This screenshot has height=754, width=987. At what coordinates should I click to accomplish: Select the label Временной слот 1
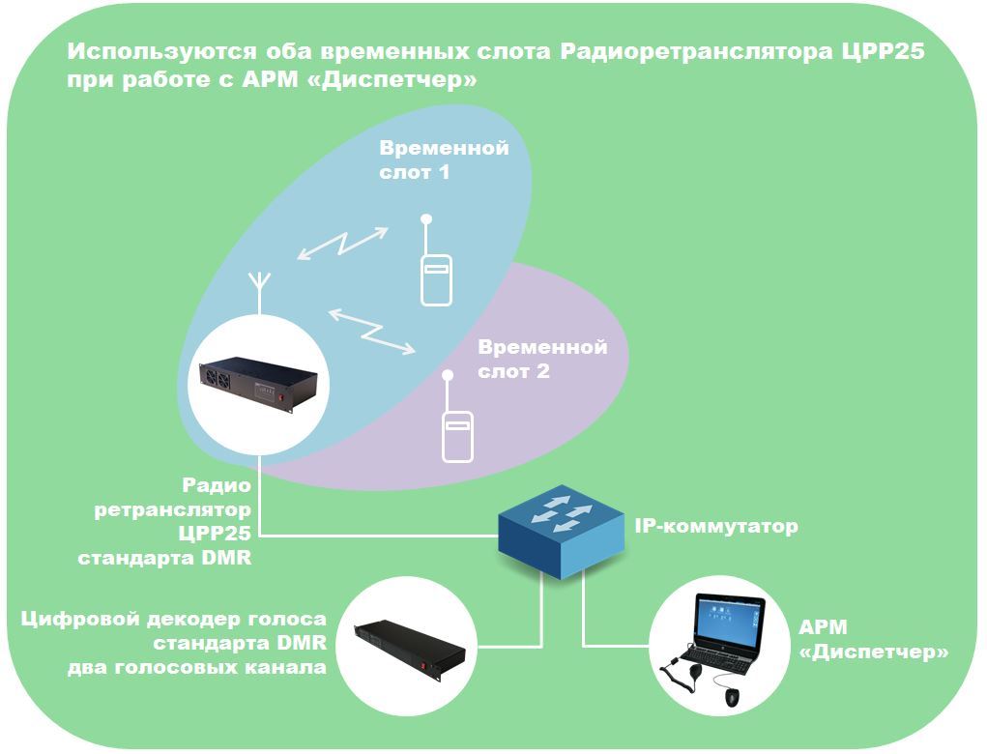point(444,159)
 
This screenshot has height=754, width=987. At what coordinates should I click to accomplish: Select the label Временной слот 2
point(542,359)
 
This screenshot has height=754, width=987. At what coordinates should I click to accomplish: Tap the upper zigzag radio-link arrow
point(342,243)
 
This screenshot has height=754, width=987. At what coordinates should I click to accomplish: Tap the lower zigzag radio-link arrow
point(372,331)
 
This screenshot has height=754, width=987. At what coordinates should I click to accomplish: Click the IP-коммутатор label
point(715,526)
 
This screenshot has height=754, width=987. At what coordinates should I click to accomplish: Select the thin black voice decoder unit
point(409,647)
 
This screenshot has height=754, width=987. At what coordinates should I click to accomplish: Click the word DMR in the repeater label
point(226,558)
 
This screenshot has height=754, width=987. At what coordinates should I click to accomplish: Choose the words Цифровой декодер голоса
point(174,620)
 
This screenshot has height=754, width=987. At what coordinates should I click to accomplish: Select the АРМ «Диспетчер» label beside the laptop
point(873,640)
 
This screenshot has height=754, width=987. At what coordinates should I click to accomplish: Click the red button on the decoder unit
point(423,666)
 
